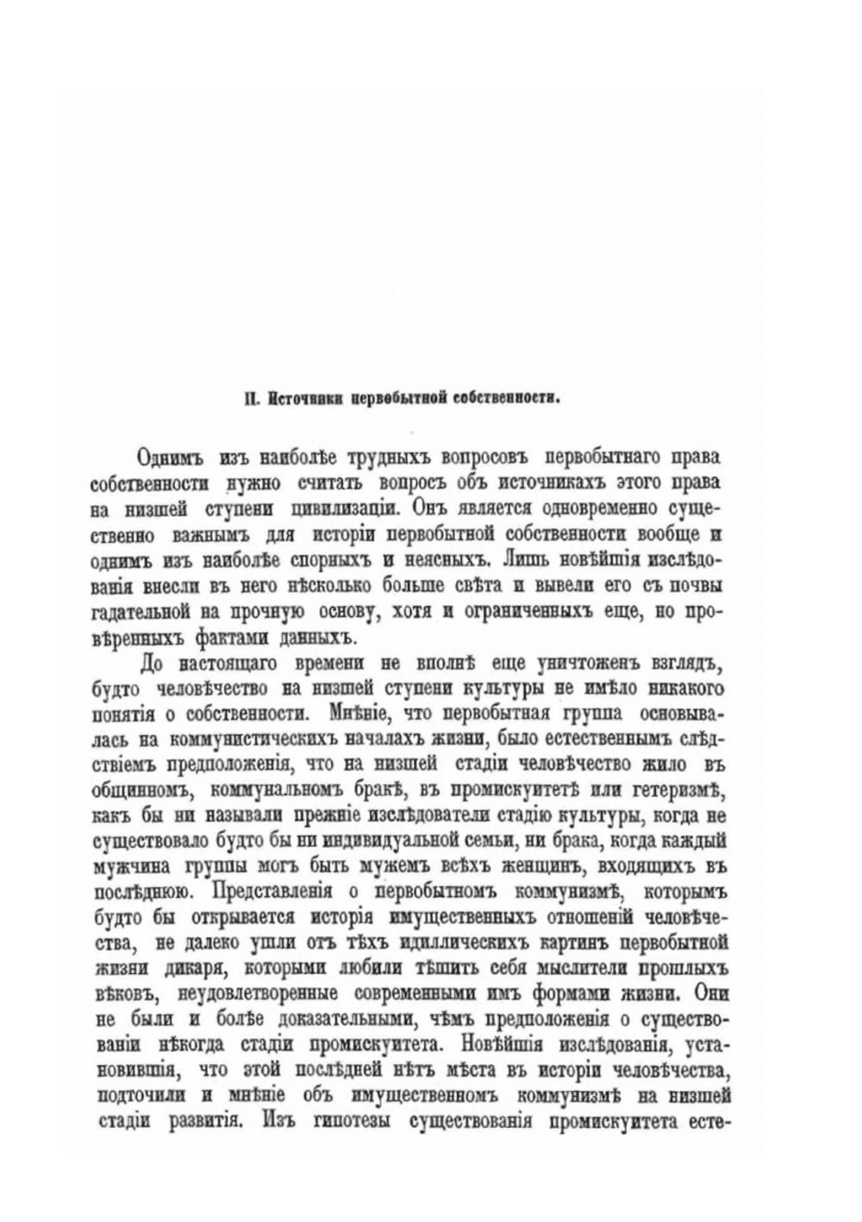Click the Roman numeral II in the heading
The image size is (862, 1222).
click(x=250, y=397)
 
